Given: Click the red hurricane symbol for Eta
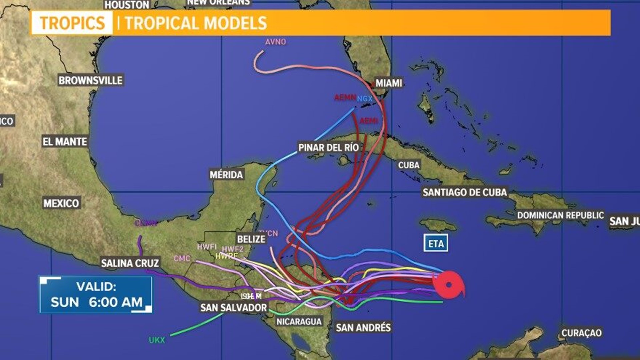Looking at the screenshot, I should click(449, 284).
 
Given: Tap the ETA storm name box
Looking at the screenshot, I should click(436, 243).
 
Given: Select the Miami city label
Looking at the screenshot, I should click(389, 83).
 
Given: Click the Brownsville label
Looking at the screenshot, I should click(90, 80).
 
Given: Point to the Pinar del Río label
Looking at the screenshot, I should click(328, 147).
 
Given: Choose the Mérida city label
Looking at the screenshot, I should click(226, 174).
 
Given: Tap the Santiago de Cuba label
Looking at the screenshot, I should click(465, 192).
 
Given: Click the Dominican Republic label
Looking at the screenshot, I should click(560, 215).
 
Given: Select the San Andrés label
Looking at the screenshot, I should click(363, 327).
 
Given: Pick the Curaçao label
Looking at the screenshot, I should click(581, 333).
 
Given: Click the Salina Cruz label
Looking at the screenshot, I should click(130, 263).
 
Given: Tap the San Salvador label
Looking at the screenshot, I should click(234, 307).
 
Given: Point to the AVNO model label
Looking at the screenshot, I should click(276, 42).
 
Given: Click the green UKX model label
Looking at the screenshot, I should click(157, 340).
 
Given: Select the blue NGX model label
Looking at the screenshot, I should click(364, 99).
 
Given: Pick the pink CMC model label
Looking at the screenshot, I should click(182, 258).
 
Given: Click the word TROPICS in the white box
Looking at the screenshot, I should click(72, 23).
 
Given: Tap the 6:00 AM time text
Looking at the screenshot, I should click(115, 302).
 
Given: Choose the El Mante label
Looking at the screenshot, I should click(65, 142).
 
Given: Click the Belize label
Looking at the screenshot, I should click(251, 239).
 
